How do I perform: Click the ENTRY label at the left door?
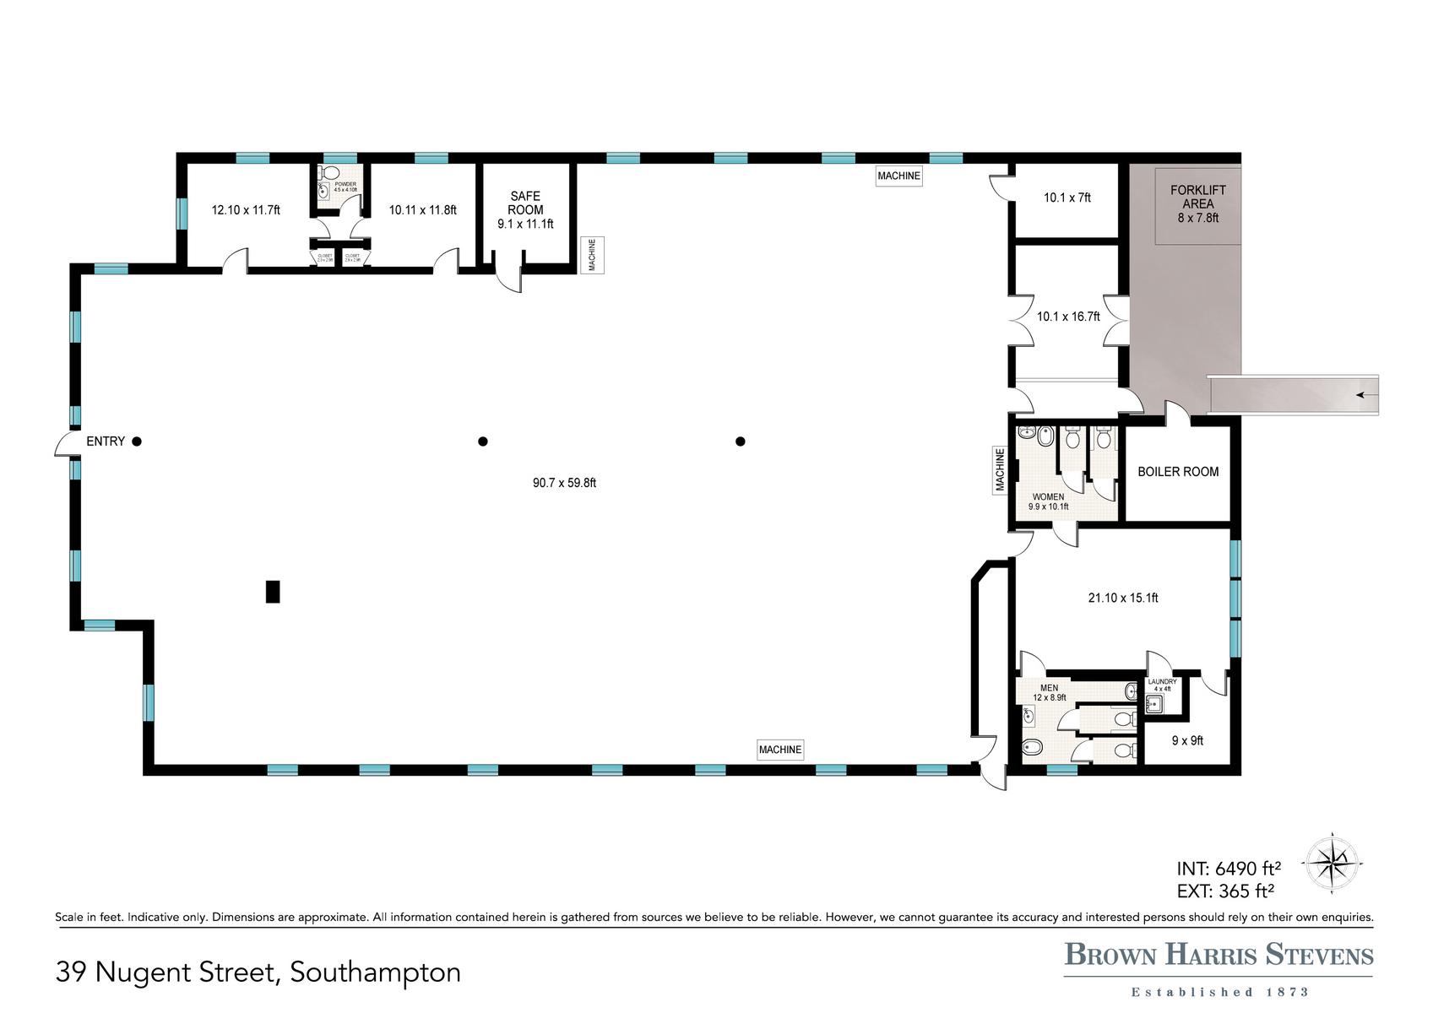[106, 441]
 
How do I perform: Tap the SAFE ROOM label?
[525, 203]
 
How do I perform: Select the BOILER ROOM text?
[1178, 472]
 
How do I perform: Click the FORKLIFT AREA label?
[1197, 197]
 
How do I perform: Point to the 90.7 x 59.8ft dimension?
[564, 483]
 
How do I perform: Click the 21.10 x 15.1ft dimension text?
[1122, 598]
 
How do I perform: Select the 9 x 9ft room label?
[1187, 740]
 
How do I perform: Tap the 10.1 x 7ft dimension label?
[1067, 198]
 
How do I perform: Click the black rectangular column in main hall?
[273, 591]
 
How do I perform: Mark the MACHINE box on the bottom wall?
[779, 750]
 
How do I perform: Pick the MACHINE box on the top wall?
[898, 176]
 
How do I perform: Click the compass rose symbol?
[1331, 864]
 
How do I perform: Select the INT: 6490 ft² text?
[1229, 869]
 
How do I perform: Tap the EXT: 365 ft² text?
[1224, 891]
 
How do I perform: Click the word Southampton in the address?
[375, 972]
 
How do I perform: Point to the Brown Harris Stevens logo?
[1219, 955]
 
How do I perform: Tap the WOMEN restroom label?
[1048, 497]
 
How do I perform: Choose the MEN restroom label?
[1049, 688]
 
